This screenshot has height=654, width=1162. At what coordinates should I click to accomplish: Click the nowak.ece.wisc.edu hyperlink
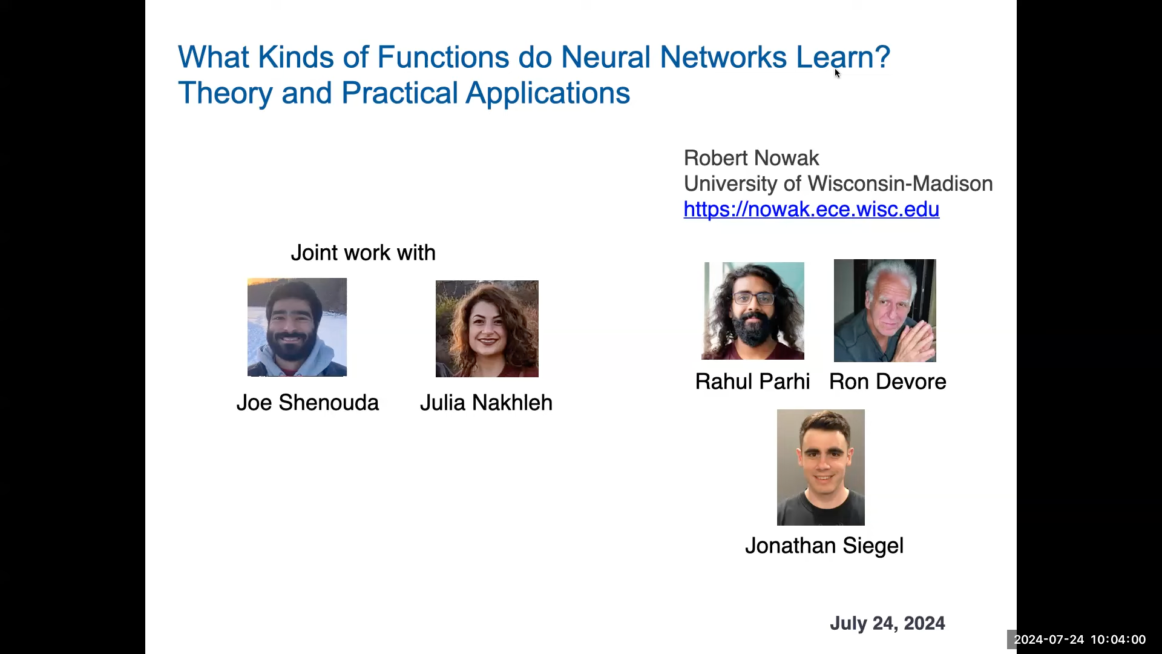(x=811, y=210)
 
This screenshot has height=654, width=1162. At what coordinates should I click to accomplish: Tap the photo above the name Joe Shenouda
(x=297, y=327)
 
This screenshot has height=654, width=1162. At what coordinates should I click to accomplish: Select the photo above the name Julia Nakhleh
(x=487, y=329)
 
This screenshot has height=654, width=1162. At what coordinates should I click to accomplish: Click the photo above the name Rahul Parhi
(x=753, y=311)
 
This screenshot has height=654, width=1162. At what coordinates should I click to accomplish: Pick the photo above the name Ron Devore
(x=885, y=311)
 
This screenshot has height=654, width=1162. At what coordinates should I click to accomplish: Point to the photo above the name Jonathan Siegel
(x=821, y=467)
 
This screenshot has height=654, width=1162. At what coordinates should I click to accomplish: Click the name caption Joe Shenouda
(x=307, y=403)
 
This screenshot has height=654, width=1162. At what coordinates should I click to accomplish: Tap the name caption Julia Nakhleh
(x=486, y=403)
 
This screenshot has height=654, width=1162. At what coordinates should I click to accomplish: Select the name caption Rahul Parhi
(x=752, y=381)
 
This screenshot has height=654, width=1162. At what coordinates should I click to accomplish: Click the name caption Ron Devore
(x=887, y=381)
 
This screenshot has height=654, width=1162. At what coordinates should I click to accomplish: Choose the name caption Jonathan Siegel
(x=824, y=546)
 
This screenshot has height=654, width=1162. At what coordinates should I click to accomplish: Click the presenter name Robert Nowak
(x=751, y=158)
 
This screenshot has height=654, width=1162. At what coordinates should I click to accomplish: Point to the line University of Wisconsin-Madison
(x=838, y=183)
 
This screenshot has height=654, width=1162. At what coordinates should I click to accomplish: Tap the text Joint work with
(x=363, y=253)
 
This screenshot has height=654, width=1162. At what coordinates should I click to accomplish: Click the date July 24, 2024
(x=887, y=623)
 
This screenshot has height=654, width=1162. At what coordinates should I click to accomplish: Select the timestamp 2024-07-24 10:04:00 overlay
(x=1080, y=639)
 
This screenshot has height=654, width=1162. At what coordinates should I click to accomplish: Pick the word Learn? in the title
(x=843, y=58)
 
